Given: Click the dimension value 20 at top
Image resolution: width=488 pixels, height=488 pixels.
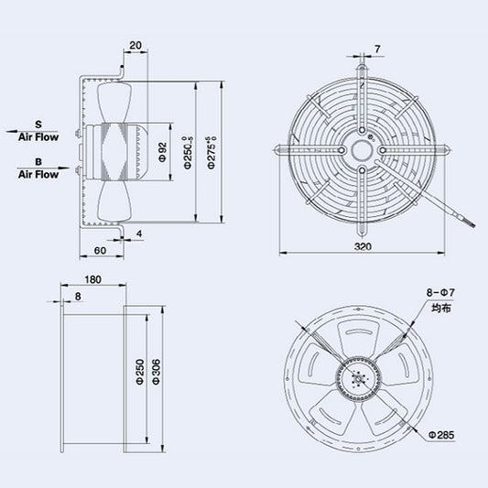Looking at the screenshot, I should pyautogui.click(x=136, y=45).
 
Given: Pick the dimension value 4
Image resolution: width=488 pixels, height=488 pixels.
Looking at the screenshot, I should pyautogui.click(x=139, y=234).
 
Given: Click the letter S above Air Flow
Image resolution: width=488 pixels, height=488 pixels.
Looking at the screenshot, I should pyautogui.click(x=38, y=123).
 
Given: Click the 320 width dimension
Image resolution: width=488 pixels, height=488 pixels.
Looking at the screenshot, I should pyautogui.click(x=364, y=246).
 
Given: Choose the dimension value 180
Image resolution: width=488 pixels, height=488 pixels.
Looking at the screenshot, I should pyautogui.click(x=92, y=281).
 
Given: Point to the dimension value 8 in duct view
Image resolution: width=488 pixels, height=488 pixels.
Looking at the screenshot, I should pyautogui.click(x=78, y=297).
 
